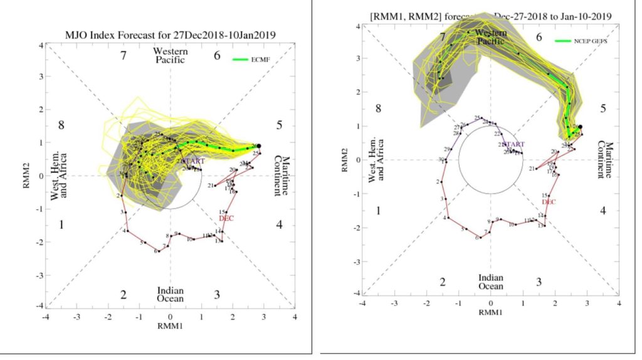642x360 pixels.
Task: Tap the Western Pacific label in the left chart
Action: pyautogui.click(x=171, y=55)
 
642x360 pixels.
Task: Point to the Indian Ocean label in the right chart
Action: pyautogui.click(x=491, y=282)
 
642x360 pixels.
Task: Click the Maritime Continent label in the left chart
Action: pyautogui.click(x=283, y=176)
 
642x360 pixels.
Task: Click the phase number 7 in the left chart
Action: pyautogui.click(x=124, y=56)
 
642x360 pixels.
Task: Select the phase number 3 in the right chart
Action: pyautogui.click(x=538, y=282)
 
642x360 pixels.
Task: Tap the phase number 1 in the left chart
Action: pyautogui.click(x=61, y=225)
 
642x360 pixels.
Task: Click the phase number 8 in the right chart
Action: pyautogui.click(x=379, y=109)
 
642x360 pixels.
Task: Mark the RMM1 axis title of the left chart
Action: pyautogui.click(x=171, y=326)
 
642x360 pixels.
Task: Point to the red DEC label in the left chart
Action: pyautogui.click(x=226, y=218)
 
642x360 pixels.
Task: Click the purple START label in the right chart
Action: pyautogui.click(x=513, y=144)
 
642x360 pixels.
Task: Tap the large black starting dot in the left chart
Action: pyautogui.click(x=259, y=146)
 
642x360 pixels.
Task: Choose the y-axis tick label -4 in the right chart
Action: pyautogui.click(x=355, y=293)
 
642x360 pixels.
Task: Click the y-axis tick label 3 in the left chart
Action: pyautogui.click(x=41, y=78)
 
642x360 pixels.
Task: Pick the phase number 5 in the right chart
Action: pyautogui.click(x=603, y=109)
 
